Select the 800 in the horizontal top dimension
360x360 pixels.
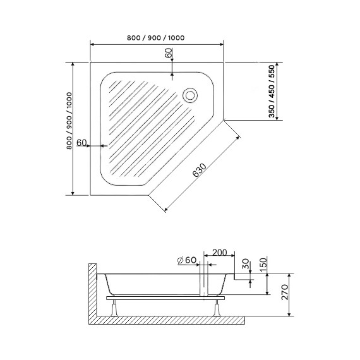(x=133, y=38)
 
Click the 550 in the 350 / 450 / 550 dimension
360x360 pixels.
(x=272, y=72)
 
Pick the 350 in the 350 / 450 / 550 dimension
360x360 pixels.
(x=272, y=111)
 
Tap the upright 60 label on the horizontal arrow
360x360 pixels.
(x=81, y=143)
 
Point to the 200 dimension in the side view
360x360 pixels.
(x=220, y=253)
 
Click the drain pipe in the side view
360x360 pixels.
(x=203, y=284)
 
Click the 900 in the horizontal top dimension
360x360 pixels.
(x=154, y=38)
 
